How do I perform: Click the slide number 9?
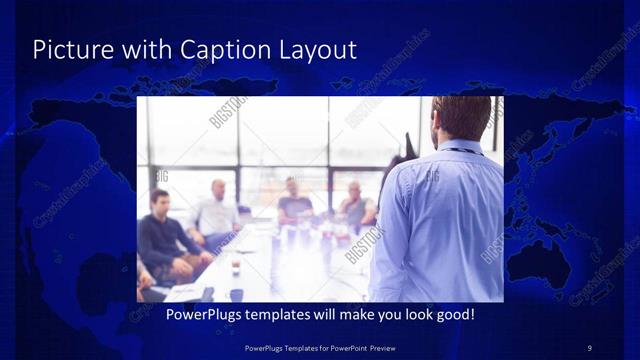[x=589, y=347]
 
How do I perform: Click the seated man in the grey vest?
[x=355, y=205]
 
